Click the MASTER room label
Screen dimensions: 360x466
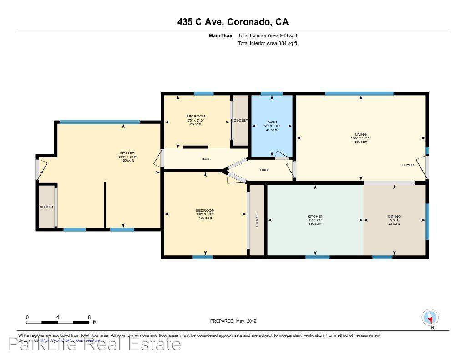pyautogui.click(x=127, y=152)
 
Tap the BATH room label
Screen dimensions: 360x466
pyautogui.click(x=272, y=122)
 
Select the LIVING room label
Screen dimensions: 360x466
pyautogui.click(x=361, y=134)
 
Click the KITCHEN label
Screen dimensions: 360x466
pyautogui.click(x=315, y=216)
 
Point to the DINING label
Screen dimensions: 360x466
pyautogui.click(x=394, y=216)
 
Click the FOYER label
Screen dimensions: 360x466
pyautogui.click(x=407, y=165)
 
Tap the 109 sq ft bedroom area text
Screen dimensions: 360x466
pyautogui.click(x=205, y=218)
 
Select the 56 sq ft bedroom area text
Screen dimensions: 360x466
pyautogui.click(x=196, y=124)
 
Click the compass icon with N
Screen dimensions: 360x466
pyautogui.click(x=430, y=317)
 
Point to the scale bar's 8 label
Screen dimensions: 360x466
pyautogui.click(x=89, y=317)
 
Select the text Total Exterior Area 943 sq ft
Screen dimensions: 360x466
pyautogui.click(x=268, y=35)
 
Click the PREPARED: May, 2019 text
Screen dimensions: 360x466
pyautogui.click(x=233, y=321)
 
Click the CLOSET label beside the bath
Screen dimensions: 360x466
pyautogui.click(x=241, y=120)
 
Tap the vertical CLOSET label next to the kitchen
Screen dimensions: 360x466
pyautogui.click(x=257, y=220)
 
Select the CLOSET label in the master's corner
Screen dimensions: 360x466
pyautogui.click(x=46, y=207)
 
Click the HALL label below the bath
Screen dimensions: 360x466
pyautogui.click(x=264, y=170)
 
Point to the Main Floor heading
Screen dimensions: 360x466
pyautogui.click(x=221, y=35)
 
